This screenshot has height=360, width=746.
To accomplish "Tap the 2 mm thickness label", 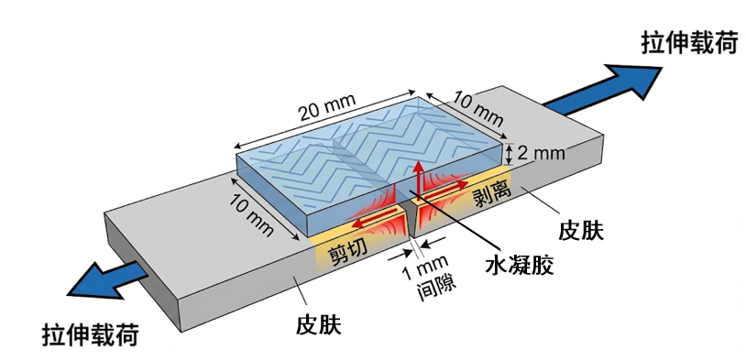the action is click(542, 153).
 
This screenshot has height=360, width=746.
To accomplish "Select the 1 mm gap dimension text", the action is click(424, 267).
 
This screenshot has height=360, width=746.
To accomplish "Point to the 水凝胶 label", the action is click(520, 266).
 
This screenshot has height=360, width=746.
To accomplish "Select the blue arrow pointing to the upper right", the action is click(603, 90).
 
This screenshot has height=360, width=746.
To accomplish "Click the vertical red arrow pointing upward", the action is click(418, 178).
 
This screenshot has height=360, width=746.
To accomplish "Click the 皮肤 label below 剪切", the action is click(318, 325).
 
